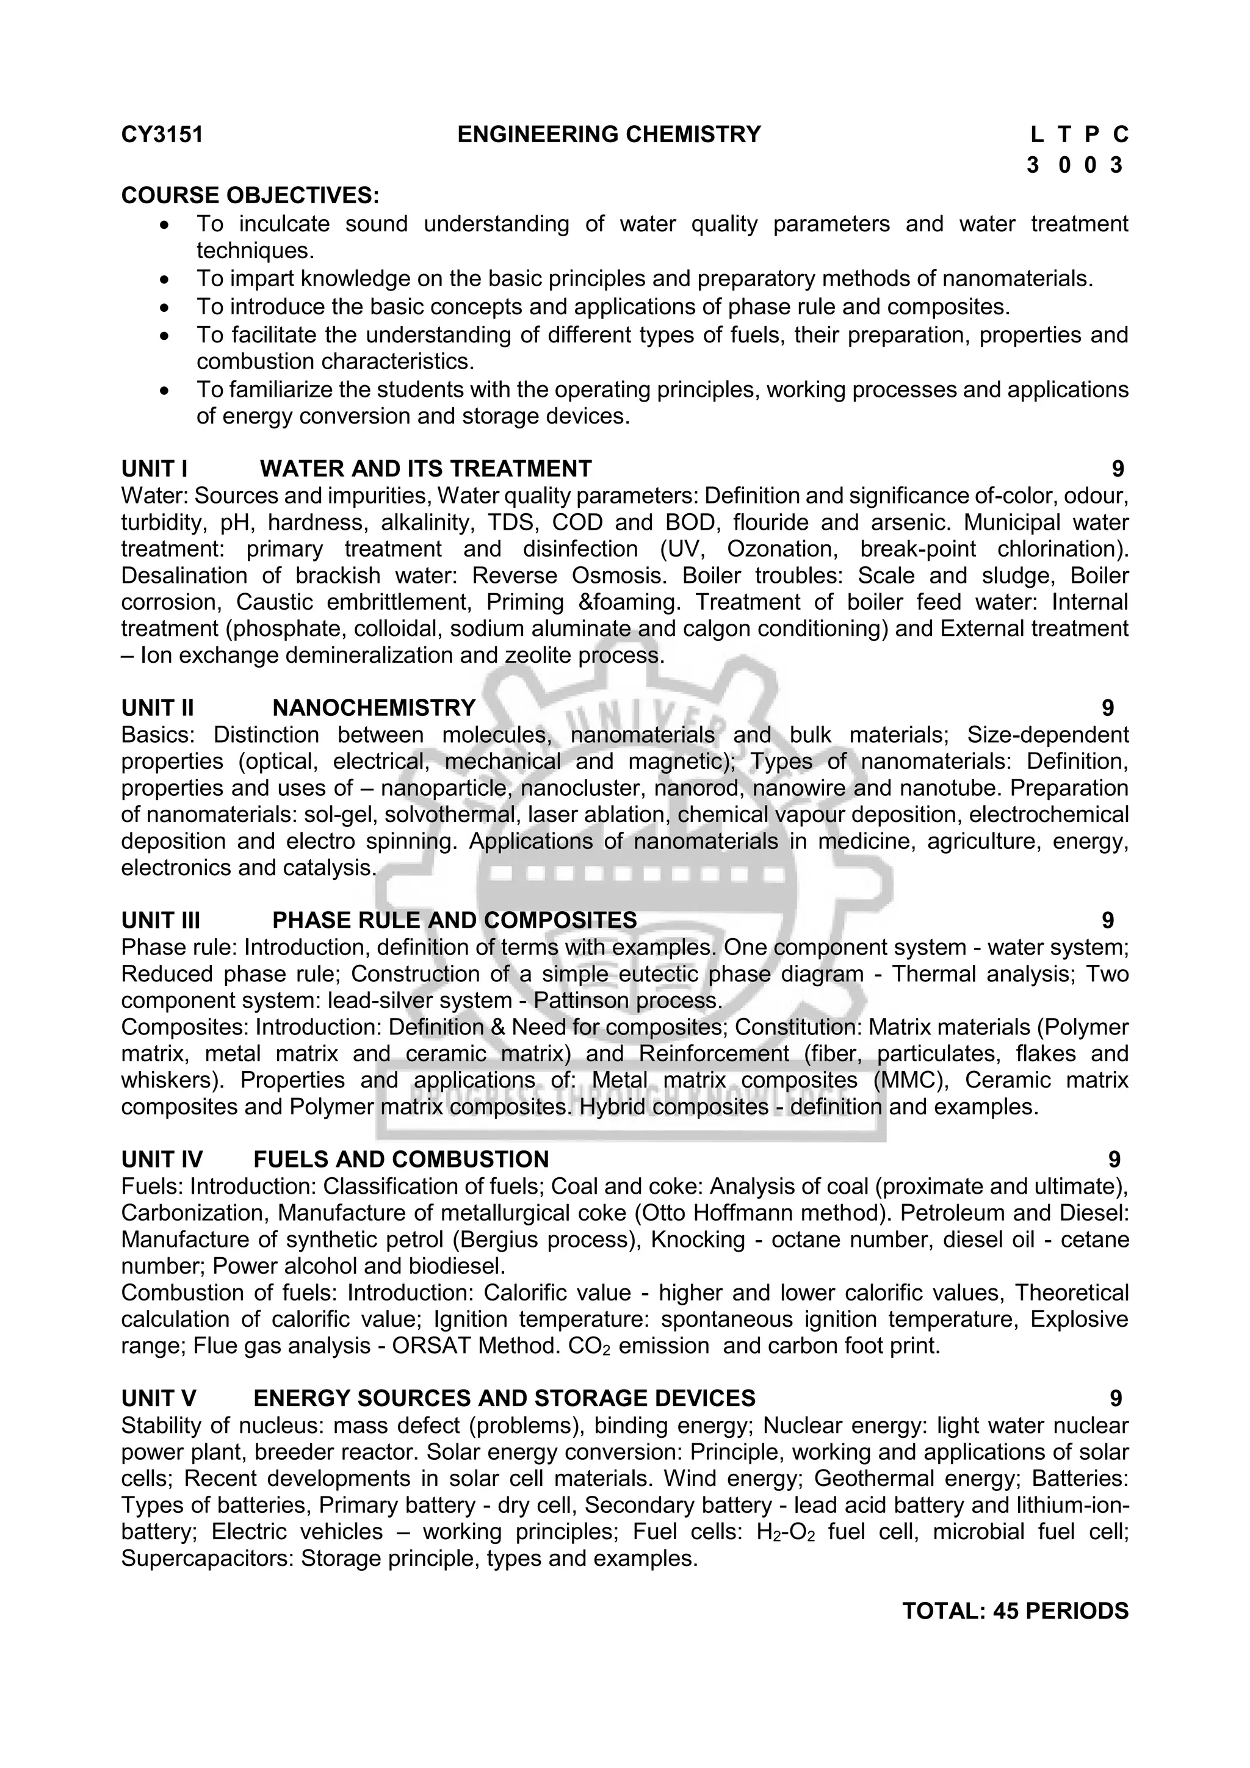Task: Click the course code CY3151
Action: (162, 135)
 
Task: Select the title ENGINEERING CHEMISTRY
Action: (609, 135)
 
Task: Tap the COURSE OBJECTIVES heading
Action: (250, 195)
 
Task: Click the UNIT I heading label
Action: (154, 468)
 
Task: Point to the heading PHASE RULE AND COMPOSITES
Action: (454, 920)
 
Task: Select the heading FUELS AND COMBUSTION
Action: (400, 1160)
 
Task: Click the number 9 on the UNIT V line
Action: (1116, 1398)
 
